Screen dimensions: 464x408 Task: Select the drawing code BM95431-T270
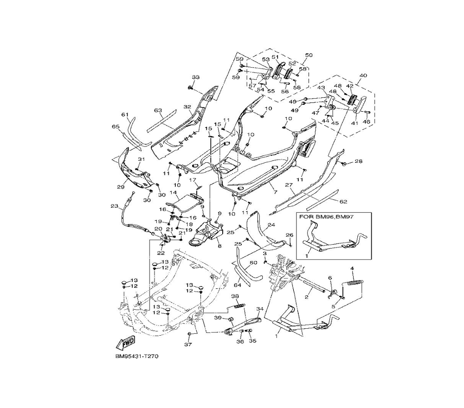[x=137, y=357]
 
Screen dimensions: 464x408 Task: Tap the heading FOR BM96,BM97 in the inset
[x=326, y=217]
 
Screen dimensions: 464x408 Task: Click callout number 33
[x=196, y=77]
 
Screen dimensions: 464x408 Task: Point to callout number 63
[x=158, y=110]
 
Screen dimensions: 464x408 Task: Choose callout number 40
[x=363, y=76]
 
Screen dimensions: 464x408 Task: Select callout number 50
[x=309, y=55]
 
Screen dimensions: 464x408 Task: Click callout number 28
[x=358, y=161]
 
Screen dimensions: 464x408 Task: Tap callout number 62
[x=343, y=202]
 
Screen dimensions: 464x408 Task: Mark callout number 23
[x=114, y=206]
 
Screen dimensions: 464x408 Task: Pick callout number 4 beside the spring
[x=352, y=268]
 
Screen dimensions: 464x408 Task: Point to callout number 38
[x=235, y=296]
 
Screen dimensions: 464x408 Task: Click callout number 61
[x=125, y=115]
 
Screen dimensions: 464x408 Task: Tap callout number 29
[x=121, y=187]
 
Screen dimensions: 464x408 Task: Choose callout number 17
[x=193, y=180]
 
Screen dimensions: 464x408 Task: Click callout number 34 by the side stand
[x=259, y=309]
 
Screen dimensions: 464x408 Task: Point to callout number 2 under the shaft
[x=307, y=297]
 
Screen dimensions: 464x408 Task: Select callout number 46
[x=367, y=121]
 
